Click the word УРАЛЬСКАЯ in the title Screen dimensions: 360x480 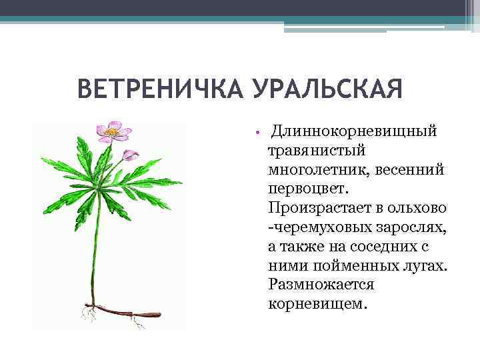click(x=327, y=89)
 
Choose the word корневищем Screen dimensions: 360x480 click(x=317, y=303)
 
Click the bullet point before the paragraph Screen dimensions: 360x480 click(x=256, y=131)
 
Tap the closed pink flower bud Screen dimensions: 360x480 click(x=131, y=155)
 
